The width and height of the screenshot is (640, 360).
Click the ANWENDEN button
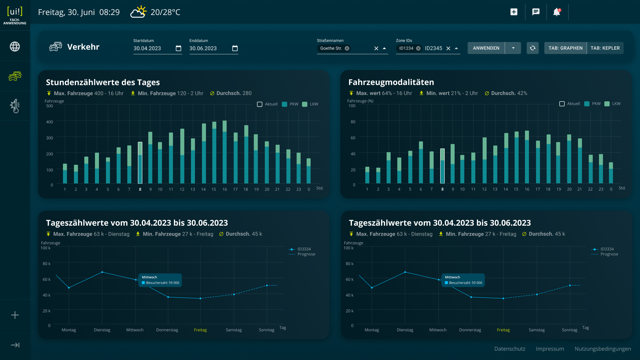tap(486, 48)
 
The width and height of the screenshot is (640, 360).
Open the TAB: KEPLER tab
tap(605, 48)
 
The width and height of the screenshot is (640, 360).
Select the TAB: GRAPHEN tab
tap(565, 48)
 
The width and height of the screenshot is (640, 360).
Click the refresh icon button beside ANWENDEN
tap(533, 48)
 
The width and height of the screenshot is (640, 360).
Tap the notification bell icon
tap(557, 12)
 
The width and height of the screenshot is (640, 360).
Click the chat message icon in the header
tap(536, 12)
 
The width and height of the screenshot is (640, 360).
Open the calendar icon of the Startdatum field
tap(178, 48)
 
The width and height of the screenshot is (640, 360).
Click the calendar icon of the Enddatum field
tap(235, 48)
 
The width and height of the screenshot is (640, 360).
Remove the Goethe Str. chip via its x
tap(347, 48)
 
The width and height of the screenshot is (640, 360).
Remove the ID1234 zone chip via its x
tap(418, 48)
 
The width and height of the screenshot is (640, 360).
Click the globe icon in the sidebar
tap(15, 47)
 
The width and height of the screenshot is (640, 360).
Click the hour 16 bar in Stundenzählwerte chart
tap(225, 152)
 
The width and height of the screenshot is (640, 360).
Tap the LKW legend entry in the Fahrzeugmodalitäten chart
tap(613, 104)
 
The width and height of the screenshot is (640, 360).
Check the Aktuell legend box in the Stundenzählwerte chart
tap(260, 104)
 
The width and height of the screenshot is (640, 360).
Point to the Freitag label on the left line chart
tap(200, 330)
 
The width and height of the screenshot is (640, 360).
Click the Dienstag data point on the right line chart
tap(405, 272)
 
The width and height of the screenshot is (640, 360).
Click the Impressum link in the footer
tap(550, 349)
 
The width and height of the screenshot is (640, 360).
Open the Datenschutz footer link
tap(510, 349)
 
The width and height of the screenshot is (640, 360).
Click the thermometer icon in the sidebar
tap(15, 106)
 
